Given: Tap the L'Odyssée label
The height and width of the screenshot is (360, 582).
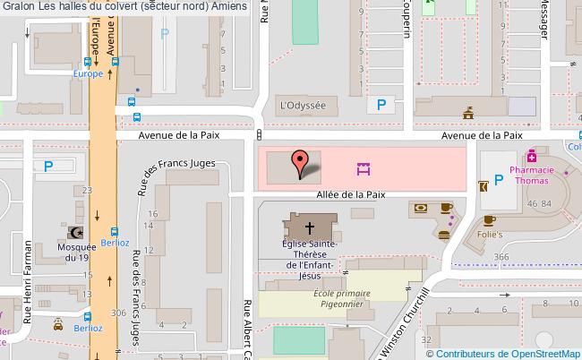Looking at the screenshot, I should (x=303, y=105).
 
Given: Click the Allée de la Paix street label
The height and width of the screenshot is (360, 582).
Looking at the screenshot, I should (x=350, y=193).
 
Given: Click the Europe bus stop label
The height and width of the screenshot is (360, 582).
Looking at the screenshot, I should (x=89, y=73).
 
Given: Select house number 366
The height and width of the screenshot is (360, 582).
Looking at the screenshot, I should (x=501, y=257).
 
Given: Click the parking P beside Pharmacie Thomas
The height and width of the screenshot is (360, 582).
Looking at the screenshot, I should (x=499, y=179).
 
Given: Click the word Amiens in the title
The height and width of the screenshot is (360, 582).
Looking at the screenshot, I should (x=229, y=6).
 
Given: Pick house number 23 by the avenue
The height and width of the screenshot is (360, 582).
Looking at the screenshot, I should (x=86, y=190).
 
